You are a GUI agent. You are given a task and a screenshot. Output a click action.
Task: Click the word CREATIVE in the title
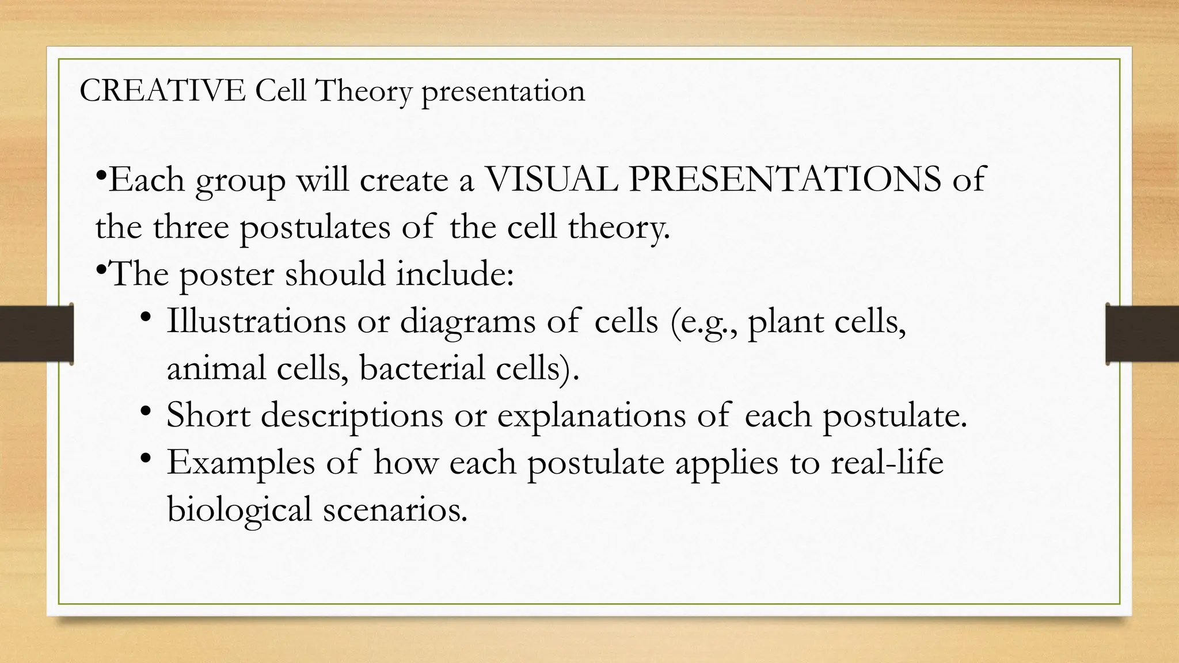pos(162,91)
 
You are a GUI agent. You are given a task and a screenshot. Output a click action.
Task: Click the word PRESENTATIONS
pos(785,179)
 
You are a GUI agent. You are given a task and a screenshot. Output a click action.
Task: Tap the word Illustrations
pos(256,321)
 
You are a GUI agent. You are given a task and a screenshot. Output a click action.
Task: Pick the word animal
pos(216,368)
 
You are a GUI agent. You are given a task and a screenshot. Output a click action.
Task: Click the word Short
pos(208,414)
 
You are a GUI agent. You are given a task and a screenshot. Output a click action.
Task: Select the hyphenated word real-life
pos(887,462)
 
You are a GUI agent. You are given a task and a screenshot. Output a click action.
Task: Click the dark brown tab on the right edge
pos(1142,334)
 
